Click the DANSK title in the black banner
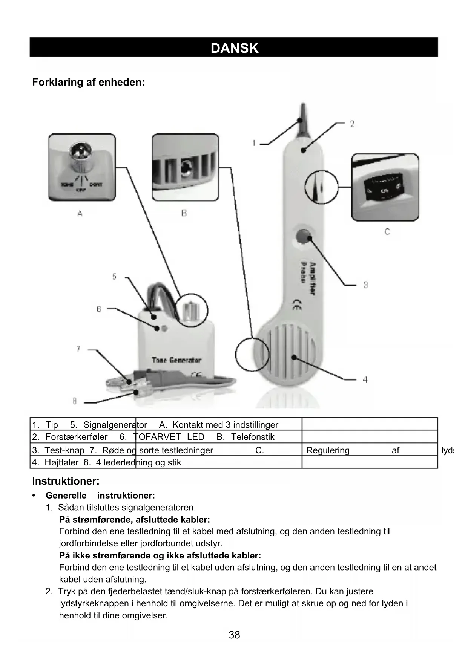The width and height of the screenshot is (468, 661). [x=234, y=48]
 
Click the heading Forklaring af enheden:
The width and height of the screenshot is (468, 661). [x=88, y=82]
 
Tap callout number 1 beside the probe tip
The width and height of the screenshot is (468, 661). [x=254, y=143]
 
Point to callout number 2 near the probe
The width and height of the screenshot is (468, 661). [x=352, y=124]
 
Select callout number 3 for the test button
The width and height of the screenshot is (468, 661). [x=365, y=285]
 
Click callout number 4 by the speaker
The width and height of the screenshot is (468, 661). [x=365, y=379]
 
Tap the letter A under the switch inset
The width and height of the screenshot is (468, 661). [x=80, y=214]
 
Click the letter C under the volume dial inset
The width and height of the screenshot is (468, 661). [x=387, y=232]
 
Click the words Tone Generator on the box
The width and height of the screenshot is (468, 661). [x=176, y=360]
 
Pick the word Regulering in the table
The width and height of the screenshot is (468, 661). [x=328, y=450]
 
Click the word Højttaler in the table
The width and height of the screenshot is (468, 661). [x=61, y=462]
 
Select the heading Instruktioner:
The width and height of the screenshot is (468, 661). [x=66, y=481]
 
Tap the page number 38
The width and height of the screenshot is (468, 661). [x=234, y=635]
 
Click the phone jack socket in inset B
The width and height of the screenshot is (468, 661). [x=185, y=168]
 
